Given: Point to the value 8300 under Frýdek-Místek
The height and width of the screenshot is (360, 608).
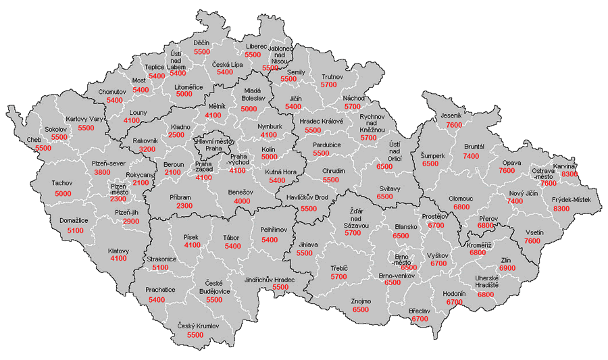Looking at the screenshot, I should [561, 209].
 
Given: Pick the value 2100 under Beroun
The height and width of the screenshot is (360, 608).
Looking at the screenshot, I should [172, 173].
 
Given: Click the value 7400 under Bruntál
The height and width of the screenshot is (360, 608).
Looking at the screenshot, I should [471, 156].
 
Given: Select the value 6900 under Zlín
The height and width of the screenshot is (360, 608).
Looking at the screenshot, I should [507, 268].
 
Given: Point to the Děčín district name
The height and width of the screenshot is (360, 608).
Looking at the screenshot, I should [201, 43].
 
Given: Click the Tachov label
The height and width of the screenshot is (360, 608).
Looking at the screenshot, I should [63, 183].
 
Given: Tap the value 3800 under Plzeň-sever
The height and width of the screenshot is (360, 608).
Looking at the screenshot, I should [102, 172].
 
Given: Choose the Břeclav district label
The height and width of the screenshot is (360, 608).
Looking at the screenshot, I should [420, 310].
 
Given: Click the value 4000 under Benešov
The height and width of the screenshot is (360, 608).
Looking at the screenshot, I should [242, 201].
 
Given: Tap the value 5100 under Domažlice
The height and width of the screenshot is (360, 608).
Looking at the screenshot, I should [76, 230].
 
